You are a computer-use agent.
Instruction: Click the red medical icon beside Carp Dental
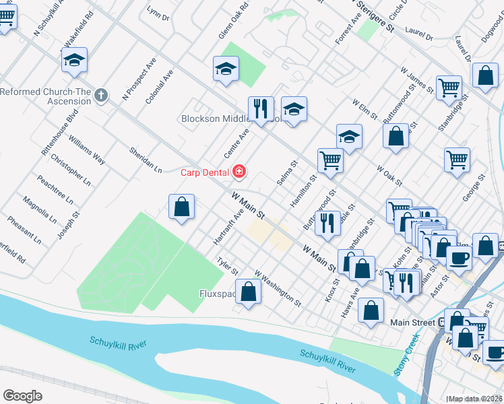[239, 173]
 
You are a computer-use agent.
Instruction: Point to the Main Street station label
[413, 323]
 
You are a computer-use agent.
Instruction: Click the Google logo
[22, 396]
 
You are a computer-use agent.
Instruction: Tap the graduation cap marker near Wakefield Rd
[75, 61]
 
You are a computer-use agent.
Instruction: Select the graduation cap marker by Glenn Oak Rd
[226, 68]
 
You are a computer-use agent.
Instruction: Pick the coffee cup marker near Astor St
[459, 258]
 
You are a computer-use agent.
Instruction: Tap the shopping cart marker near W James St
[449, 88]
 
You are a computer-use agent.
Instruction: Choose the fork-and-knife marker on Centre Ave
[260, 108]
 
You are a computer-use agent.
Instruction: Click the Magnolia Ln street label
[40, 209]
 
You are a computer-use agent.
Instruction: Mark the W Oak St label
[389, 176]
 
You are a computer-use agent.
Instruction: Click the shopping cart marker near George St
[457, 160]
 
